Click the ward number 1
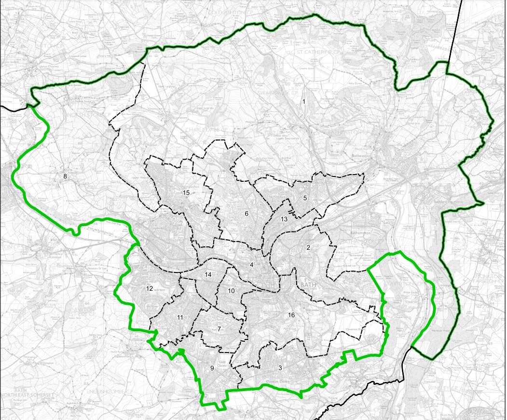tap(304, 102)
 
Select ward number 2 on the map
tap(308, 248)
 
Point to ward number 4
tap(252, 265)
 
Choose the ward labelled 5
tap(305, 198)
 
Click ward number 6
tap(246, 214)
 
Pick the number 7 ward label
tap(219, 329)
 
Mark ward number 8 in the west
tap(65, 176)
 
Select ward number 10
tap(232, 291)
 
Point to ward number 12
tap(150, 289)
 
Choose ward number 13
tap(284, 219)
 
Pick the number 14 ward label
tap(208, 274)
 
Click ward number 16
tap(291, 315)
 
